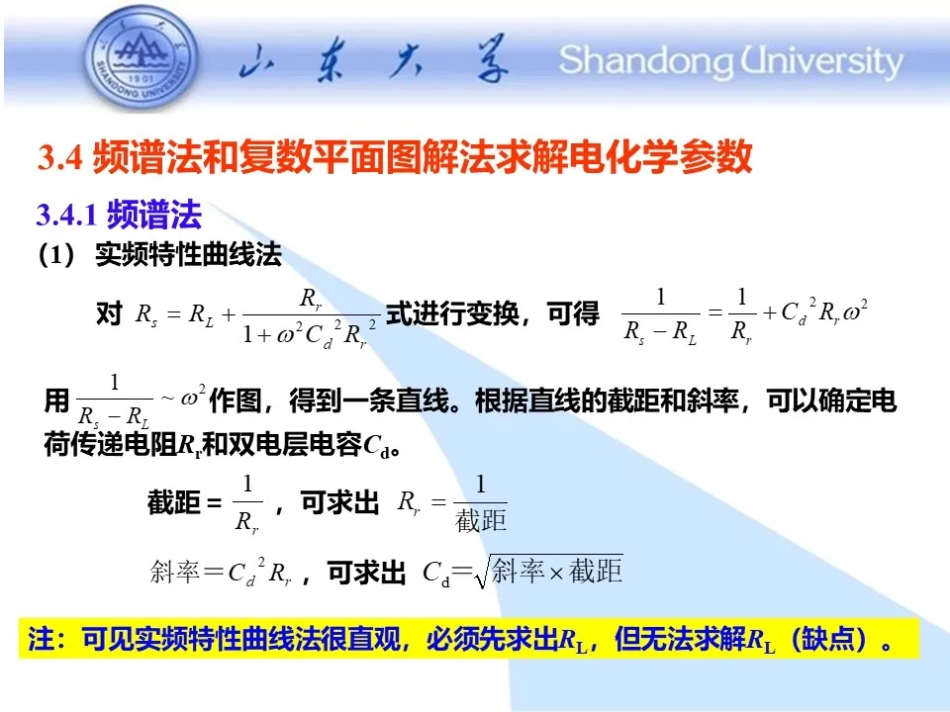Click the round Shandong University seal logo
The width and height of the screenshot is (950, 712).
142,58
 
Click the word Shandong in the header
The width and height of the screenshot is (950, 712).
644,61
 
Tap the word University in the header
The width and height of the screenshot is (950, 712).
821,61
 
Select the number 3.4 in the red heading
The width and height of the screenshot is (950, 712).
59,157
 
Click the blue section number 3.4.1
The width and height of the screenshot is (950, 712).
66,215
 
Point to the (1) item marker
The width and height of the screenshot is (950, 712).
56,255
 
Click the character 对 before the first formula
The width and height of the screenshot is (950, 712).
109,313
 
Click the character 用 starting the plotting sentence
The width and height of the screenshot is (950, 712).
57,400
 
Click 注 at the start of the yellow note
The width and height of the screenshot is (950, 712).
41,639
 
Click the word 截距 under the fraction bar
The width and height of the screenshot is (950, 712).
481,520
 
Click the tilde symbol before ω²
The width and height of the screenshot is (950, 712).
167,398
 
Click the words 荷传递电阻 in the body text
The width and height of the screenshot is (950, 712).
110,445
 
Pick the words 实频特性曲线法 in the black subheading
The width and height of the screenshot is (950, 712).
188,255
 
